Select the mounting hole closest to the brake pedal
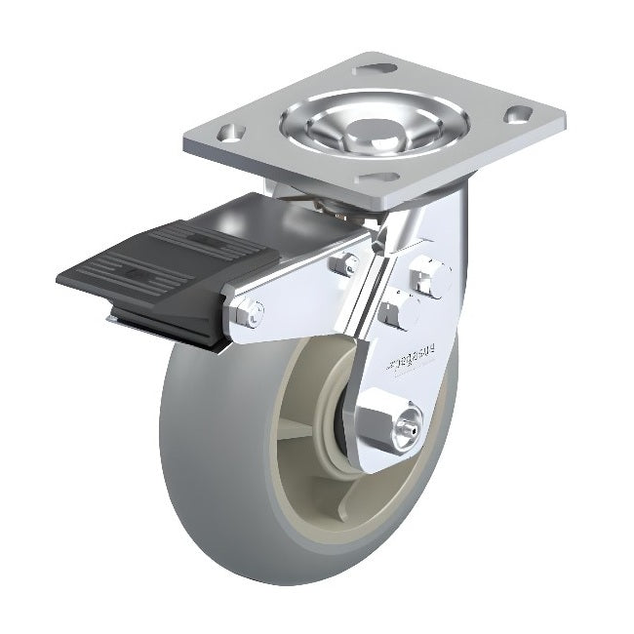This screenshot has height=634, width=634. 227,134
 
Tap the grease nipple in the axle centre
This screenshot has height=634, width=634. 412,428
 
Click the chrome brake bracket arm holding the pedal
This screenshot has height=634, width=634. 293,293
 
